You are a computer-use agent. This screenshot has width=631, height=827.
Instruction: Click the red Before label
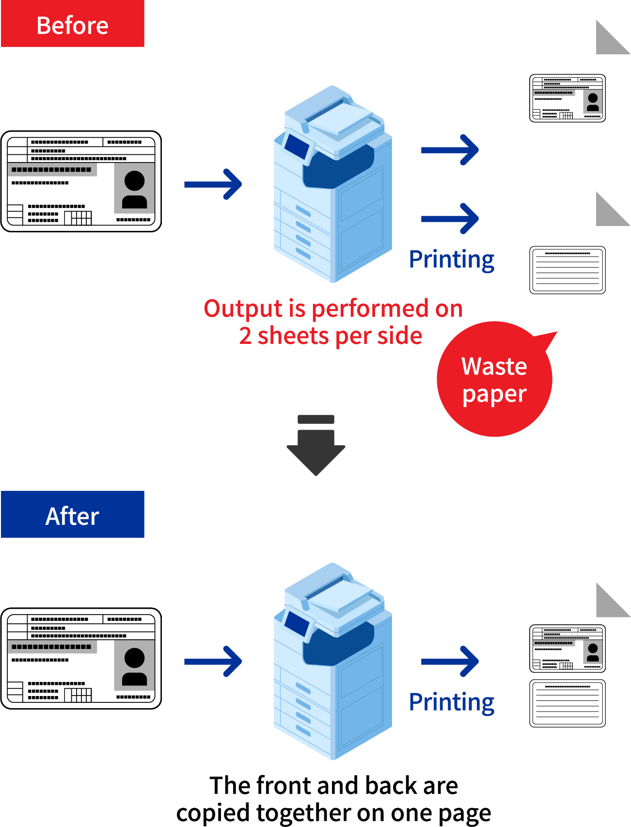73,24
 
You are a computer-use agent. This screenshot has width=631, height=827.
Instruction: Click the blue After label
73,515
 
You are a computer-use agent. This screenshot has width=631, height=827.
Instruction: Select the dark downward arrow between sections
316,445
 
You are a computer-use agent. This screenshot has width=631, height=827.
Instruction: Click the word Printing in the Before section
452,260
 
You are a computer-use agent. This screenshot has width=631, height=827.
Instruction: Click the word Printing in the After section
452,703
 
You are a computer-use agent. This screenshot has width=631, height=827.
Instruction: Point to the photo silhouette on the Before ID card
134,189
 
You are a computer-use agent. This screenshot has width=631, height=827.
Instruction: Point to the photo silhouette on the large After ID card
134,666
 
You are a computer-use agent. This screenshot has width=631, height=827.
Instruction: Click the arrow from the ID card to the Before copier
213,184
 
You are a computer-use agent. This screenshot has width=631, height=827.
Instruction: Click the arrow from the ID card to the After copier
213,662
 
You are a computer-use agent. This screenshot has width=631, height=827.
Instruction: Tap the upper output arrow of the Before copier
450,150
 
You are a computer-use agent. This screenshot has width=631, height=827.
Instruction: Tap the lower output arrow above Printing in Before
450,219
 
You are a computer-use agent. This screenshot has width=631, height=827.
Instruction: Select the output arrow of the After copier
450,662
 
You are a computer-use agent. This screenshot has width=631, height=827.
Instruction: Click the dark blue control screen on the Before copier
297,146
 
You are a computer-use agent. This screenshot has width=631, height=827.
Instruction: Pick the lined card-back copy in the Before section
568,270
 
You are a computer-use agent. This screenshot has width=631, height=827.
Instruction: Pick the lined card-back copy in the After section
568,703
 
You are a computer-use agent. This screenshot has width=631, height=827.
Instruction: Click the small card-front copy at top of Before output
568,98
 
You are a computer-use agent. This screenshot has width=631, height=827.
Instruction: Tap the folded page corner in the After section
613,600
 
